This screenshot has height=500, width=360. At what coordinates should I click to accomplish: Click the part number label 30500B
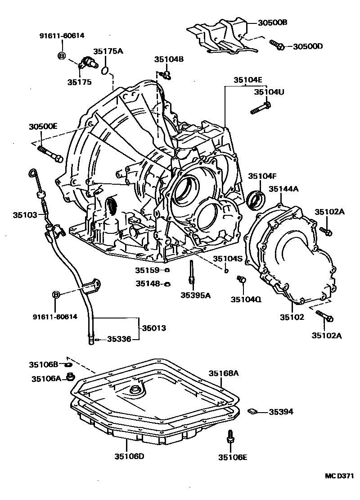coord(273,23)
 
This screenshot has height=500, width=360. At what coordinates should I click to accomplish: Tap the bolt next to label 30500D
coord(276,45)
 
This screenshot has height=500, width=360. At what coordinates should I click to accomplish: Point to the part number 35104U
coord(269,91)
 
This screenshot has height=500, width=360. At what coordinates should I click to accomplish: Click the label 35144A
coord(284,189)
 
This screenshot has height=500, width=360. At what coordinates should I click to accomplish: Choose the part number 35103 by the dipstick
coord(25,215)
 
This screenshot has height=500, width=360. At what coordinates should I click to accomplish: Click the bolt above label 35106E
coord(230,436)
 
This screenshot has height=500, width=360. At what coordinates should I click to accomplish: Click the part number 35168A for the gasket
coord(223,373)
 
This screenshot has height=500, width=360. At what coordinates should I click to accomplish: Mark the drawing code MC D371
coord(340,476)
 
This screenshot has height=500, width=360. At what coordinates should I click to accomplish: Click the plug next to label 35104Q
coord(241,281)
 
